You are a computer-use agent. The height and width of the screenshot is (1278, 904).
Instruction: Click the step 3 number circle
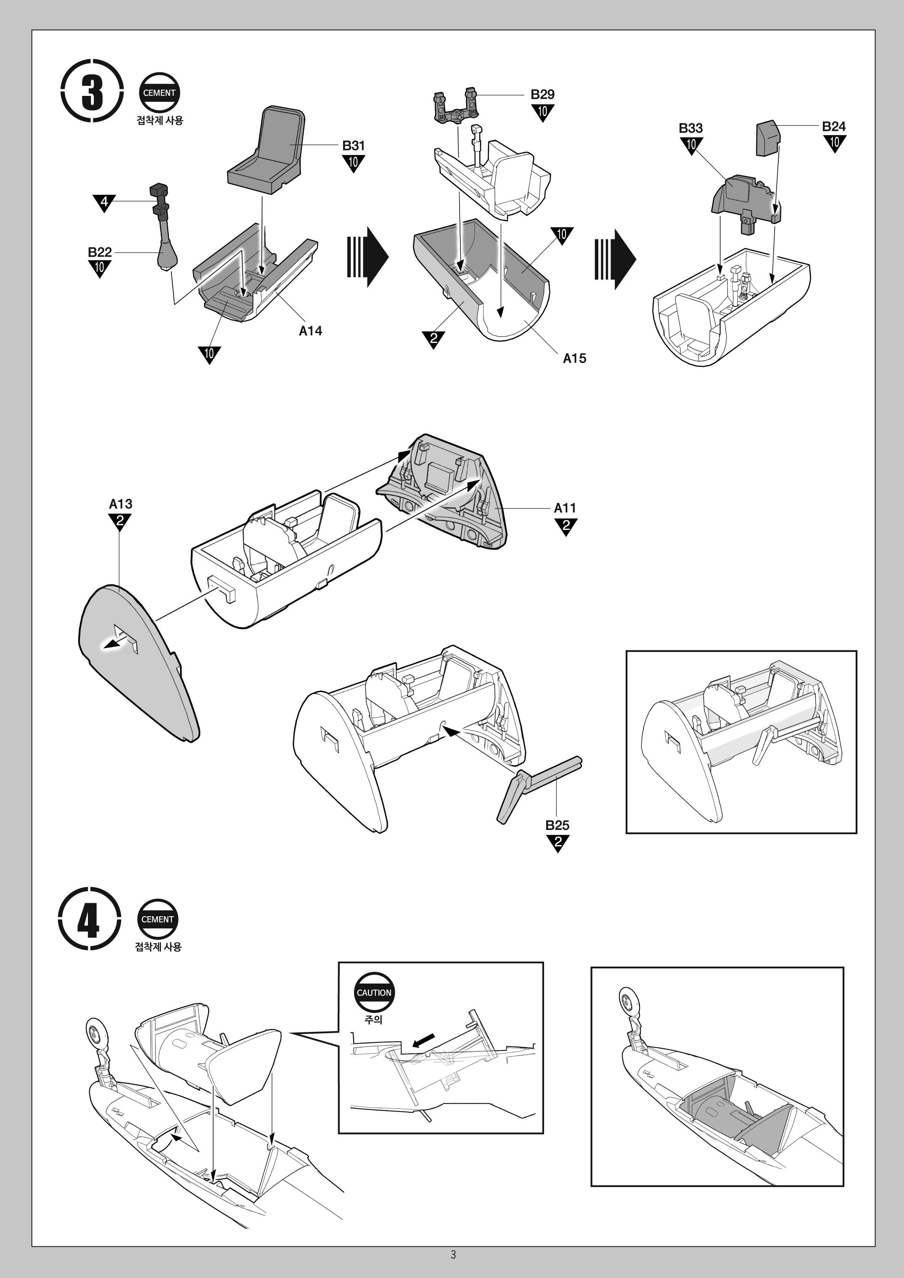[x=92, y=91]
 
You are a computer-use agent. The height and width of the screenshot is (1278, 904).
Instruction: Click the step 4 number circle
[x=89, y=919]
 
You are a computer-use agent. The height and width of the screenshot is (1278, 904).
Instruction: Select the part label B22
[x=100, y=252]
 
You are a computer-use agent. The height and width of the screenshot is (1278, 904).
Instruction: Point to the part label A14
[x=310, y=331]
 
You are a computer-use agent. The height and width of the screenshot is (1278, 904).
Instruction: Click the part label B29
[x=542, y=94]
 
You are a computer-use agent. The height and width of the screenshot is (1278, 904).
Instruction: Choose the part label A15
[x=574, y=358]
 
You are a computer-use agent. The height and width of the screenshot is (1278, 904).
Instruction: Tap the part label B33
[x=690, y=128]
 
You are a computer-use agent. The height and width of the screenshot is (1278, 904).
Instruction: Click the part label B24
[x=833, y=126]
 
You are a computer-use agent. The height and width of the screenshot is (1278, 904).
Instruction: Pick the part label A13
[x=120, y=504]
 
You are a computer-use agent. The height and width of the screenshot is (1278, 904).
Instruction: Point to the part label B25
[x=557, y=825]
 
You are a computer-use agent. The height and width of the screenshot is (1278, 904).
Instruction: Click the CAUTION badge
[x=374, y=992]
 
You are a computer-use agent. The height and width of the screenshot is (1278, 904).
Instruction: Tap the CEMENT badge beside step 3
[x=159, y=93]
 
